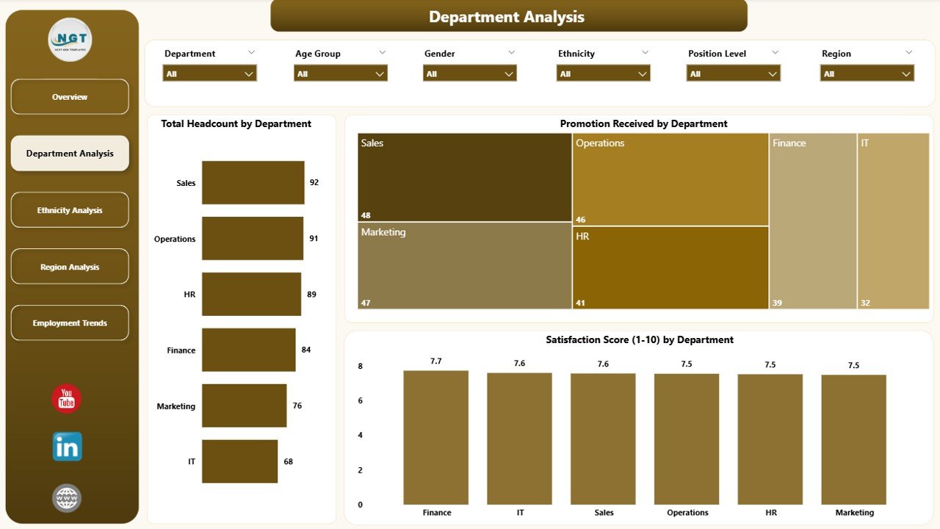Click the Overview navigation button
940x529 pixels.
(x=70, y=97)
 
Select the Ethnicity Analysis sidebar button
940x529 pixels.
(x=70, y=210)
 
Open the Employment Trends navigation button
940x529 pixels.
(x=70, y=323)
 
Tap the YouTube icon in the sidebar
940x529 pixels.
(x=67, y=399)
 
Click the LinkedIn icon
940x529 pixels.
(x=67, y=447)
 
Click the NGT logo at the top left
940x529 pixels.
(x=70, y=40)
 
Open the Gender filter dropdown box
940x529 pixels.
(x=470, y=73)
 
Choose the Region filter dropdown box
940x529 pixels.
(x=867, y=73)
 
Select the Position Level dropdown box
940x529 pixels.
(x=733, y=73)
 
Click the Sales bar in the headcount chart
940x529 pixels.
(x=253, y=182)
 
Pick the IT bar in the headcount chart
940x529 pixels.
(x=239, y=461)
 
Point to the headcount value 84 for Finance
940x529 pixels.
(x=306, y=350)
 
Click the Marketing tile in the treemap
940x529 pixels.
(x=465, y=265)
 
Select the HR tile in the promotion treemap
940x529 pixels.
(x=670, y=267)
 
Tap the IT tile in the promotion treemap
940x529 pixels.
(x=893, y=220)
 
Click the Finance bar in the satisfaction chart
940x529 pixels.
(x=435, y=437)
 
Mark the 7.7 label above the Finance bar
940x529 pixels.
(x=436, y=361)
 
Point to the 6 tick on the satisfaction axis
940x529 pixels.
(x=360, y=400)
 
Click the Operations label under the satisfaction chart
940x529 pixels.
(x=687, y=513)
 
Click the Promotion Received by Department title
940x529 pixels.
(x=643, y=123)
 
